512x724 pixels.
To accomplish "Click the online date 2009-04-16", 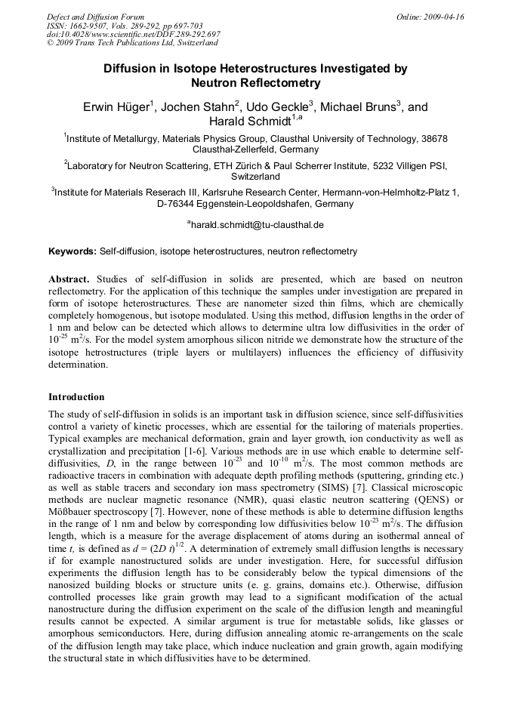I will coord(442,17).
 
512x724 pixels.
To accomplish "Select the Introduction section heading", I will coord(76,396).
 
